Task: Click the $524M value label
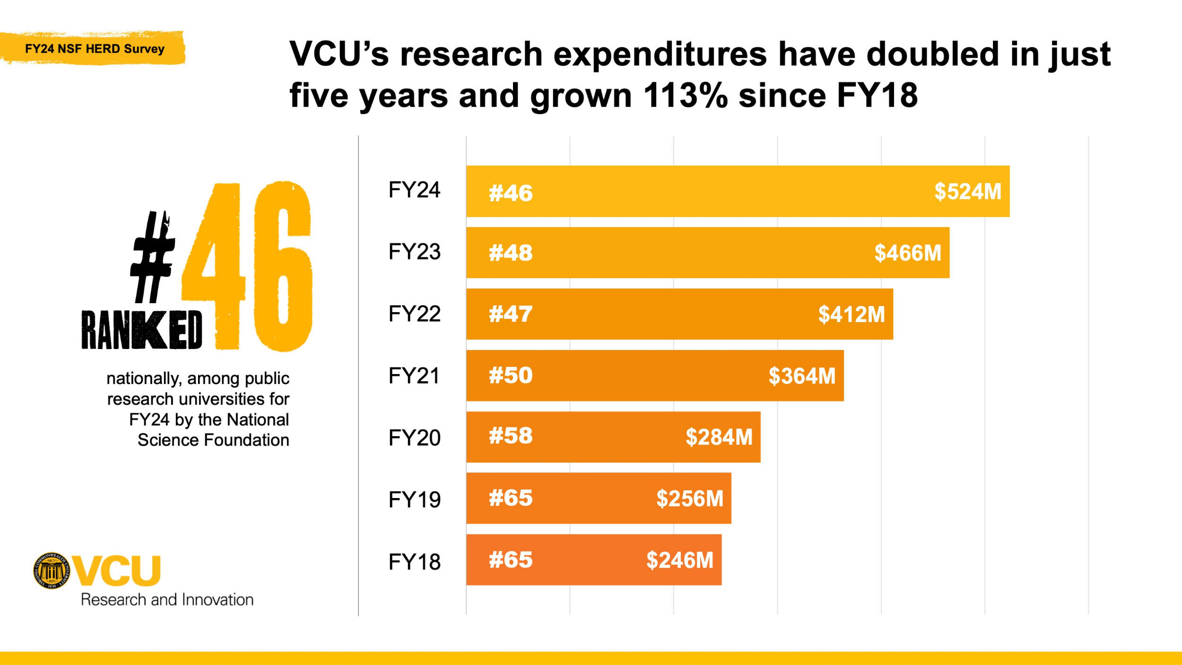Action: click(967, 192)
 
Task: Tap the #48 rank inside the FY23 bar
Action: click(511, 253)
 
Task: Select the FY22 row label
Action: click(414, 314)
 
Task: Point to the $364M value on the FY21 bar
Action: click(802, 376)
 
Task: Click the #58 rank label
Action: click(511, 436)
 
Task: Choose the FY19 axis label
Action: click(414, 500)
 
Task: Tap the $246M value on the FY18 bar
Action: click(679, 560)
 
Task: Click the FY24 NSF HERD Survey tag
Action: click(95, 49)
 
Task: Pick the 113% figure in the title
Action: click(686, 96)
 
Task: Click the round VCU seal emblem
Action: click(52, 570)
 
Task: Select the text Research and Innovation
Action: click(167, 600)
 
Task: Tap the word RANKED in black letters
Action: click(142, 331)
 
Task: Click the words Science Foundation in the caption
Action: click(213, 440)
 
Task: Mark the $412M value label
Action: click(851, 315)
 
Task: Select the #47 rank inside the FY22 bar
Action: click(511, 315)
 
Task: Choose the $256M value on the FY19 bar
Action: click(689, 499)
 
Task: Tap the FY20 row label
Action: click(414, 438)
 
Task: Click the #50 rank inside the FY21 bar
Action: click(511, 376)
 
